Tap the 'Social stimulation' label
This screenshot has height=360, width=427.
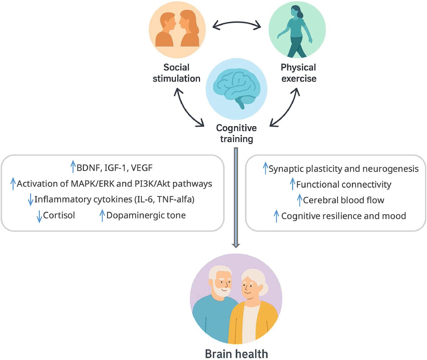coord(176,73)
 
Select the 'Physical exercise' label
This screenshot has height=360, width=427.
coord(299,73)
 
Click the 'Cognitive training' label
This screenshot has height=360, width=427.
coord(236,134)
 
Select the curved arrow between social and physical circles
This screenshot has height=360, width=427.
coord(237,22)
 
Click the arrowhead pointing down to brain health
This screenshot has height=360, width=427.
coord(236,246)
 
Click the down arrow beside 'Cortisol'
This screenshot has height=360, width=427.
coord(39,216)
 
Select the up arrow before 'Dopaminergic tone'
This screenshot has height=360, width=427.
coord(102,215)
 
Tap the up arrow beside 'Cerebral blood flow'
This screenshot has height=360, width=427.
coord(300,200)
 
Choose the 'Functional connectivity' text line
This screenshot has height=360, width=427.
coord(344,184)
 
